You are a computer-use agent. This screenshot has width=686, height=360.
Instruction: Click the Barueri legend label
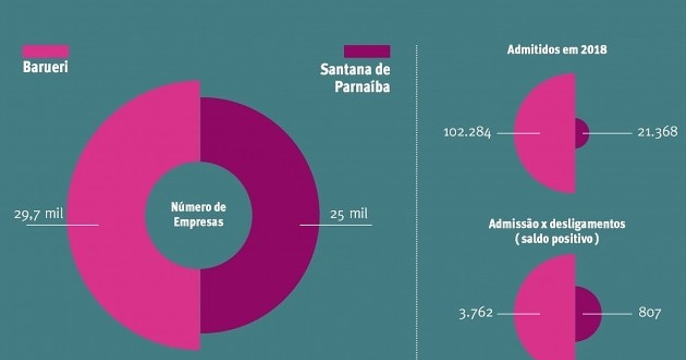coord(45,67)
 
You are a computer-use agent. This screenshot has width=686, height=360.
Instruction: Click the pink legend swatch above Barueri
coord(45,51)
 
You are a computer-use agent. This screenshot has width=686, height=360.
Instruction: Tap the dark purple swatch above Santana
coord(367,51)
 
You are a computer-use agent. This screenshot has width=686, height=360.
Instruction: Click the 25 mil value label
coord(349,214)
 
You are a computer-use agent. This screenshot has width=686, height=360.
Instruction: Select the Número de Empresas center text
coord(199,214)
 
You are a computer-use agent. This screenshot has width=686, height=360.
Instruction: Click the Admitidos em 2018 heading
coord(557,50)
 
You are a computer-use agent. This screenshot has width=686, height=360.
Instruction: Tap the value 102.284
coord(467,133)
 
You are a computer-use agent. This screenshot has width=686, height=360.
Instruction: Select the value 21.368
coord(657,133)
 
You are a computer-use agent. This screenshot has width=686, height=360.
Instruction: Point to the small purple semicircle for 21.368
coord(580,133)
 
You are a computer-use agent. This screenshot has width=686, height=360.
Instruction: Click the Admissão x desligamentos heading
coord(557,224)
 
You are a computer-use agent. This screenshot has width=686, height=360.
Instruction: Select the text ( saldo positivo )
coord(557,240)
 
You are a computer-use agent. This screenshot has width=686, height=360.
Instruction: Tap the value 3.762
coord(476,313)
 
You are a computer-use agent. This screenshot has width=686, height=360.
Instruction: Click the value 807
coord(649,313)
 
